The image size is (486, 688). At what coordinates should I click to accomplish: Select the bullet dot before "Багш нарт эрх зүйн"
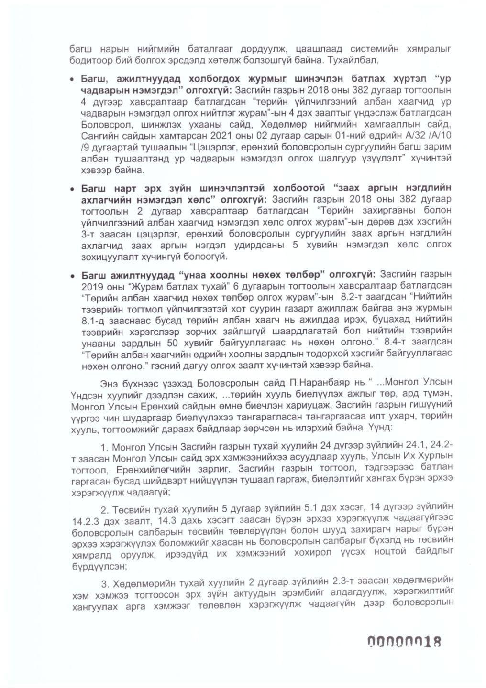[x=72, y=188]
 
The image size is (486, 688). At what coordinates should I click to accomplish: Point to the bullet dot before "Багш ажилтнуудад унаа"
[x=72, y=276]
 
